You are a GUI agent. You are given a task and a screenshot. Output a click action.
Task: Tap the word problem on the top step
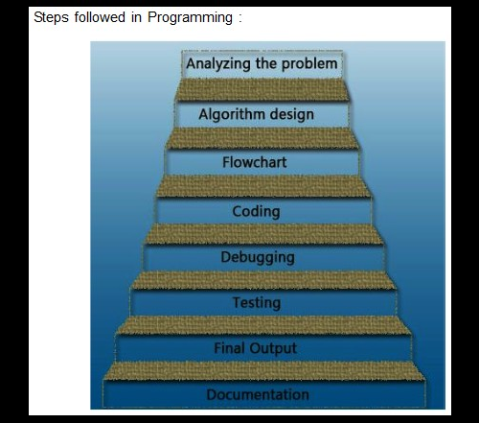point(308,64)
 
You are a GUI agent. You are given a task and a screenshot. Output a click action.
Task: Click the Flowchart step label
point(255,162)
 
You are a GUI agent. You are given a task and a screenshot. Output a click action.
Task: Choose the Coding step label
point(256,211)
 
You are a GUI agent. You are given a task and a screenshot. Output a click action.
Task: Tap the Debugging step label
point(257,257)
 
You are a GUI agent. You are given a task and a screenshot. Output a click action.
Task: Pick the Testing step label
point(257,303)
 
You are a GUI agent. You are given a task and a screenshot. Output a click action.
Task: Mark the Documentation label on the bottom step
point(258,394)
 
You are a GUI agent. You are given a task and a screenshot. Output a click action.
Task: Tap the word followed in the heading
point(102,18)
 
